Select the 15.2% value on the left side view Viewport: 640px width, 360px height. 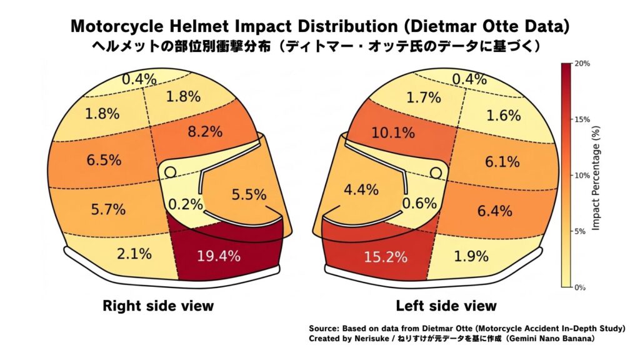386,256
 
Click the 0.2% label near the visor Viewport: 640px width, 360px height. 186,204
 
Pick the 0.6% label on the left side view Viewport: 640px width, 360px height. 419,203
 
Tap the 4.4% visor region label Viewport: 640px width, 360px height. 361,191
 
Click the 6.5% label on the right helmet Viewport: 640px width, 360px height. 104,160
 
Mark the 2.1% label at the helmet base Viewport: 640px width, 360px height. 134,254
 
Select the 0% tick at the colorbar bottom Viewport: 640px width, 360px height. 580,287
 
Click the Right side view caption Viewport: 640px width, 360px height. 157,306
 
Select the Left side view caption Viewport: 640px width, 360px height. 446,306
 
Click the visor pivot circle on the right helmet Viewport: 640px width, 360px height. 170,171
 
